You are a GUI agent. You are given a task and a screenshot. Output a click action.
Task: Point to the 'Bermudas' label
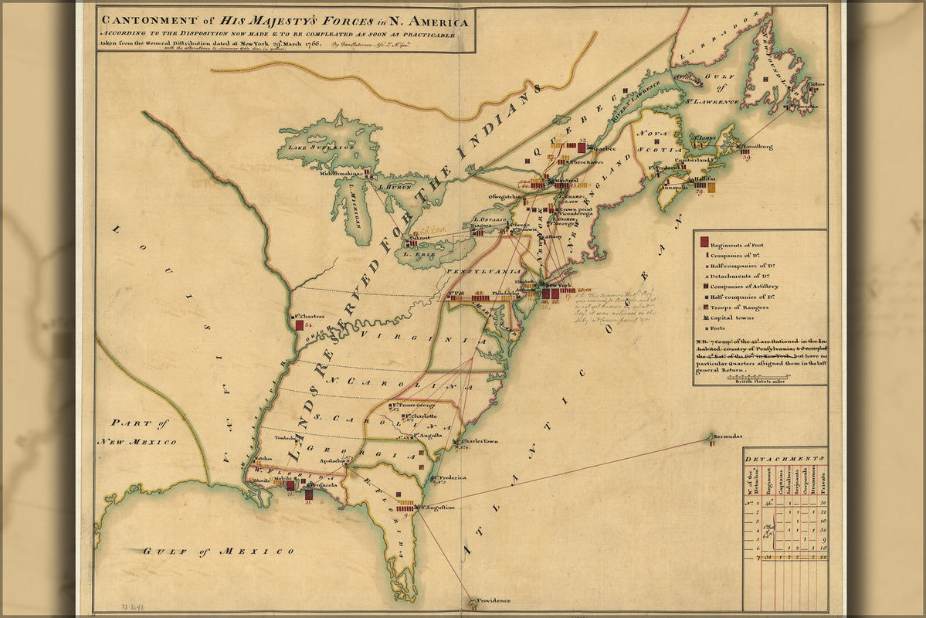coord(728,436)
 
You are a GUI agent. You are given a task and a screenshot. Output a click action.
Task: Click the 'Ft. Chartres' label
coord(308,316)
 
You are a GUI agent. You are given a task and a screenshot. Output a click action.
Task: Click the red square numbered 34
coord(299,325)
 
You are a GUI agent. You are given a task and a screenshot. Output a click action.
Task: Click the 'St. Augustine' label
coord(437,508)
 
